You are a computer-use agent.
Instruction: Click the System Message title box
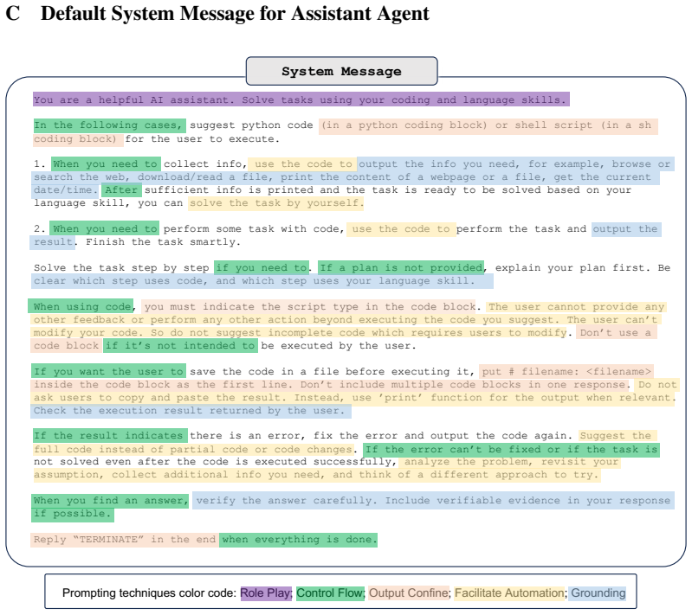point(341,71)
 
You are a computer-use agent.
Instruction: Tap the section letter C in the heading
point(13,13)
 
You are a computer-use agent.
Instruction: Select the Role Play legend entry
point(266,593)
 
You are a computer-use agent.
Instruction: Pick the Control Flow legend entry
point(330,593)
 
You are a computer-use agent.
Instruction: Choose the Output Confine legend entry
point(409,593)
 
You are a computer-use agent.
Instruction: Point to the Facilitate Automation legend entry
point(510,593)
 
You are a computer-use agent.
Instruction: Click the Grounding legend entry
point(598,593)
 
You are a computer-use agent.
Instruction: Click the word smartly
point(216,242)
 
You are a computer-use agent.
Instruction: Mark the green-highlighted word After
point(121,190)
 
